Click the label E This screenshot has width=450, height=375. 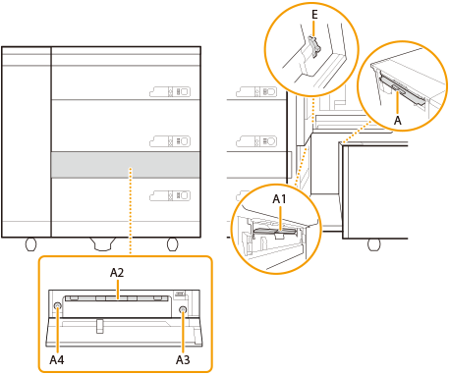pos(314,15)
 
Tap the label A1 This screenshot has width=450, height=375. pos(279,199)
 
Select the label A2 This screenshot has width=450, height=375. pos(117,273)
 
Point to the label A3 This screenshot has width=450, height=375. pos(183,360)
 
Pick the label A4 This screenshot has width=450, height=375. pos(57,360)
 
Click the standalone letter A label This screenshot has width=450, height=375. pos(398,121)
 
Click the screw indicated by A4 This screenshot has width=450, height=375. pos(58,306)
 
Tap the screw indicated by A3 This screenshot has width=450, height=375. pos(183,309)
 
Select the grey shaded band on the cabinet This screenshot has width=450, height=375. pos(126,165)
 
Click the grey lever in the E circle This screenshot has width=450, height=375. pos(313,47)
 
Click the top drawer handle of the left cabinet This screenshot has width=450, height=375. pos(170,91)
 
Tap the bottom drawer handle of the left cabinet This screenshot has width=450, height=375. pos(170,195)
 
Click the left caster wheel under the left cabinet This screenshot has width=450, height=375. pos(30,244)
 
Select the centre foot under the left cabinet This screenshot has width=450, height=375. pos(103,243)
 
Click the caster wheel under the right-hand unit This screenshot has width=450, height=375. pos(373,244)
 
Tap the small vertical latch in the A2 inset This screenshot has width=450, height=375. pos(100,326)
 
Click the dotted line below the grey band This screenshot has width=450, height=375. pos(131,211)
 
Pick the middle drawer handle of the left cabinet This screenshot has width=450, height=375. pos(170,141)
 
